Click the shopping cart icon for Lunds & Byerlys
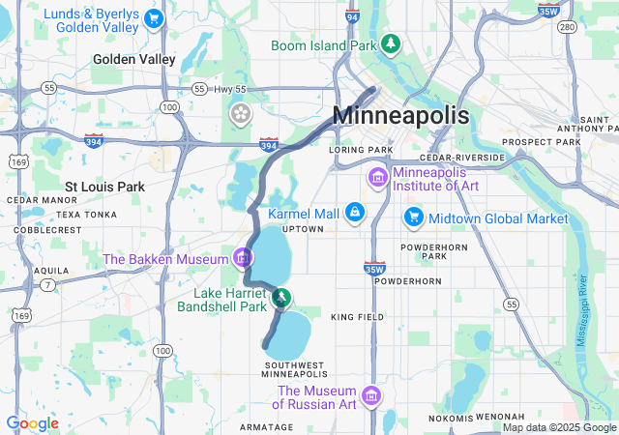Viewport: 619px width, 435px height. (x=153, y=17)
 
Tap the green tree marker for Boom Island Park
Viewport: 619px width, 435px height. (x=391, y=43)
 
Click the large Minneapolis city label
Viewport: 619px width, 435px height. (x=400, y=116)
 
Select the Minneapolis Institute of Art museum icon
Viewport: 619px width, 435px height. (x=377, y=178)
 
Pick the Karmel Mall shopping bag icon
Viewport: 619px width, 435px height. (x=355, y=212)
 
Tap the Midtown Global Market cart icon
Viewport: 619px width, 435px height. (x=414, y=218)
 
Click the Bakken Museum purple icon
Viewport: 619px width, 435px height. (x=242, y=258)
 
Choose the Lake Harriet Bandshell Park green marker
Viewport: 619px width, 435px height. (x=280, y=298)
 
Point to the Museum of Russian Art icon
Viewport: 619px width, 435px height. (x=370, y=396)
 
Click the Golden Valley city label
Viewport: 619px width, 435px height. (x=134, y=59)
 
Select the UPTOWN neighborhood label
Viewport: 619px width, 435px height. (x=302, y=229)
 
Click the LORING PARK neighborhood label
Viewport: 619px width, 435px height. (x=360, y=150)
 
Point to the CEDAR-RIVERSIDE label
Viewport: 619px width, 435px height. (x=462, y=158)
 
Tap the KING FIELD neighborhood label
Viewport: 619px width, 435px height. (x=358, y=317)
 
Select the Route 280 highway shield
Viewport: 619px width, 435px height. (x=568, y=26)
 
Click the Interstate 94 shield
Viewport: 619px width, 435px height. (x=351, y=16)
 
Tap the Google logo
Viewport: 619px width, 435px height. (x=32, y=423)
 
